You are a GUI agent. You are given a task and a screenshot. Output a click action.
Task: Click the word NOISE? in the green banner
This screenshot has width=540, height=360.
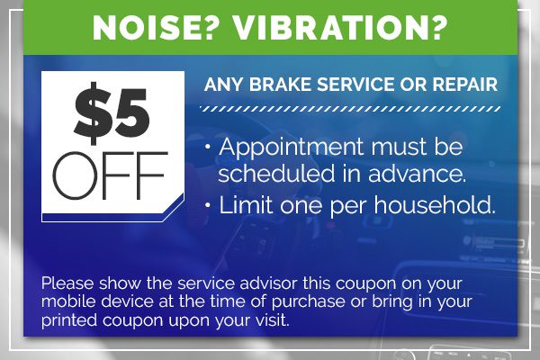(157, 27)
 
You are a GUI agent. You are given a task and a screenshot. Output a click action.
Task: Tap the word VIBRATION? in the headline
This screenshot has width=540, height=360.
(340, 27)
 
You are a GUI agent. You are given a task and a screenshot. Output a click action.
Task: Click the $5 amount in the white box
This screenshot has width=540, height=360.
(112, 112)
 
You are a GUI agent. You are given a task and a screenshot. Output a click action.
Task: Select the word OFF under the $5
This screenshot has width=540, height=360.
(110, 175)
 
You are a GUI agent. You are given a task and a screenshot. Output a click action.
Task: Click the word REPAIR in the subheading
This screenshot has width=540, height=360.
(465, 85)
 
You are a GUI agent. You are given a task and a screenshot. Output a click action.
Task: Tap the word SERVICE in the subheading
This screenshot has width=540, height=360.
(355, 85)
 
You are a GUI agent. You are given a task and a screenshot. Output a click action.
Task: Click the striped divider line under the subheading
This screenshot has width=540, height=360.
(350, 109)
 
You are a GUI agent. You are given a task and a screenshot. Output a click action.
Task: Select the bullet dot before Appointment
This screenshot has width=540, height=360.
(207, 147)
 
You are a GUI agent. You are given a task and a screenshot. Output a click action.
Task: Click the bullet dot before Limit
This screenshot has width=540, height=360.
(207, 205)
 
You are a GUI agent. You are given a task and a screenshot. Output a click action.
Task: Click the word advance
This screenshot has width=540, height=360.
(417, 173)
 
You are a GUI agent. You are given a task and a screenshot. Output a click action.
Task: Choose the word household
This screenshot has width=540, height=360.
(435, 205)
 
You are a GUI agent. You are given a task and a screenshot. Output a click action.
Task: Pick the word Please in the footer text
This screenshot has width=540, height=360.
(67, 283)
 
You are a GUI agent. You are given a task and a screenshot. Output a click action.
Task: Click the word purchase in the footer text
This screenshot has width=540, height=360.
(308, 302)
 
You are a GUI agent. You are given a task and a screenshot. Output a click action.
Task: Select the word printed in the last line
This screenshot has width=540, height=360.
(69, 320)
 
